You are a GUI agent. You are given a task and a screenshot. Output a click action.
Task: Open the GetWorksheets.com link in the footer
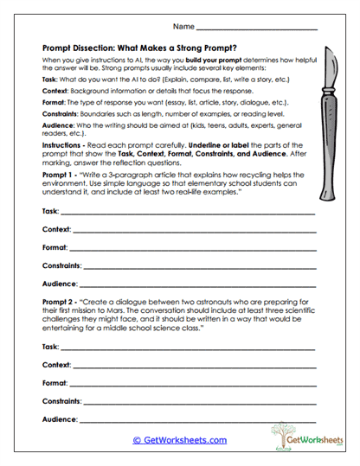coord(180,439)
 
